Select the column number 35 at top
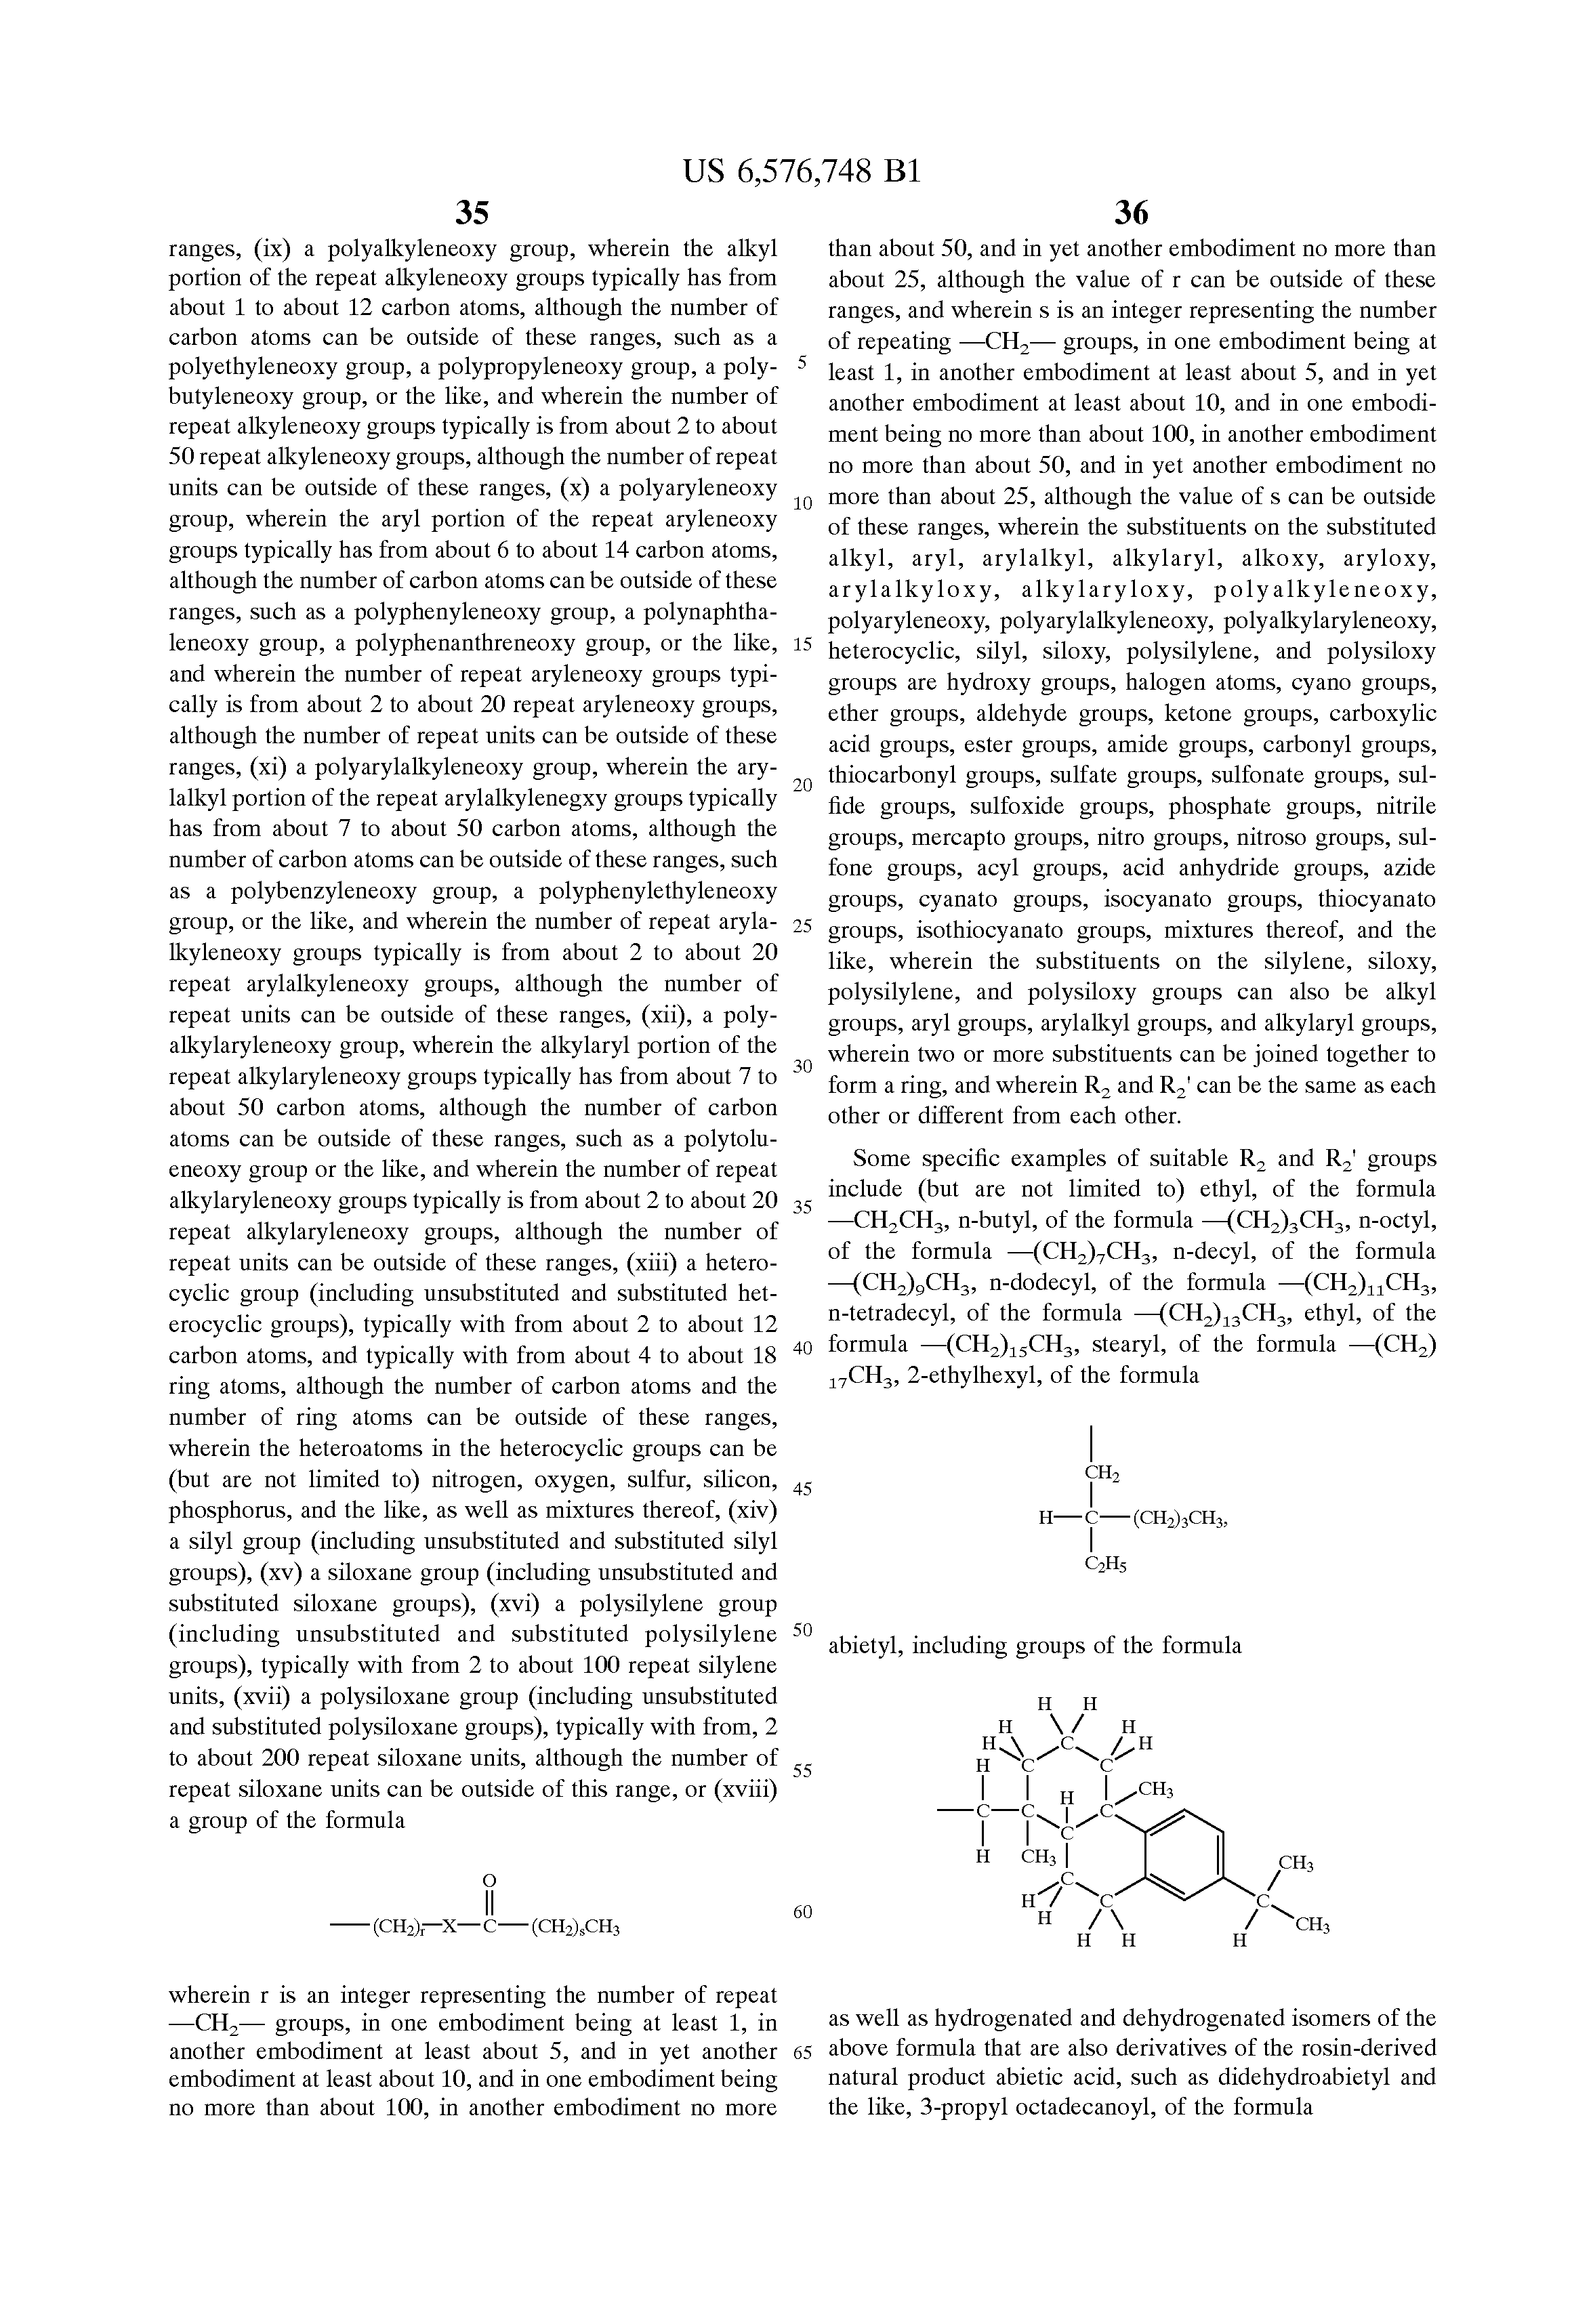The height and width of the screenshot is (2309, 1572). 472,213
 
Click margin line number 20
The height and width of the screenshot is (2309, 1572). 803,785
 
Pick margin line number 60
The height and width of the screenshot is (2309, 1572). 803,1911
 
